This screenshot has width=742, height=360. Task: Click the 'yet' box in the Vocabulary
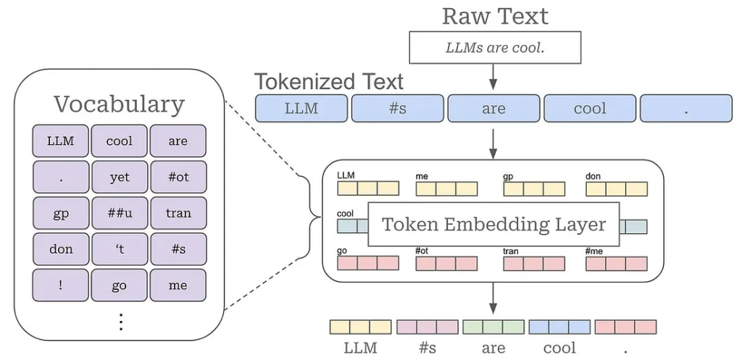[x=120, y=177]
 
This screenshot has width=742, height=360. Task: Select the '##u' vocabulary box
[x=120, y=213]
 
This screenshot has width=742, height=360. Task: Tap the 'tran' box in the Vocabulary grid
[x=178, y=213]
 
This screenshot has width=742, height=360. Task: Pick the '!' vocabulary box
[x=61, y=285]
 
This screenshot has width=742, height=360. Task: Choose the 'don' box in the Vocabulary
[x=61, y=249]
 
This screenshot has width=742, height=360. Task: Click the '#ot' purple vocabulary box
[x=178, y=177]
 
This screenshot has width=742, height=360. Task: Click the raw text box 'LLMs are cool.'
[x=495, y=47]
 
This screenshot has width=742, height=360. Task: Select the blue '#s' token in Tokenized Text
[x=398, y=109]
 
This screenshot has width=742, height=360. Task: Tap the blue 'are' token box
[x=493, y=109]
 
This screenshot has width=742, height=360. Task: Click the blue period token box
[x=686, y=109]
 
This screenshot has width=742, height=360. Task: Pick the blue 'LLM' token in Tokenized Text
[x=301, y=109]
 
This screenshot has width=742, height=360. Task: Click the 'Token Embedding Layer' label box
[x=493, y=225]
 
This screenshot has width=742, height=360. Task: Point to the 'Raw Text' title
[x=495, y=16]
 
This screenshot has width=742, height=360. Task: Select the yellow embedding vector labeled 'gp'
[x=534, y=189]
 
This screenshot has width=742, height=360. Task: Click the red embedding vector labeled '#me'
[x=617, y=264]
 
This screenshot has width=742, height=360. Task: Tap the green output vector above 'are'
[x=493, y=327]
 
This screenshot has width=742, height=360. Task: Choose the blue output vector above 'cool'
[x=560, y=327]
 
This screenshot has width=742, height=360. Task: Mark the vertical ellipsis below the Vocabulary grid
[x=121, y=322]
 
